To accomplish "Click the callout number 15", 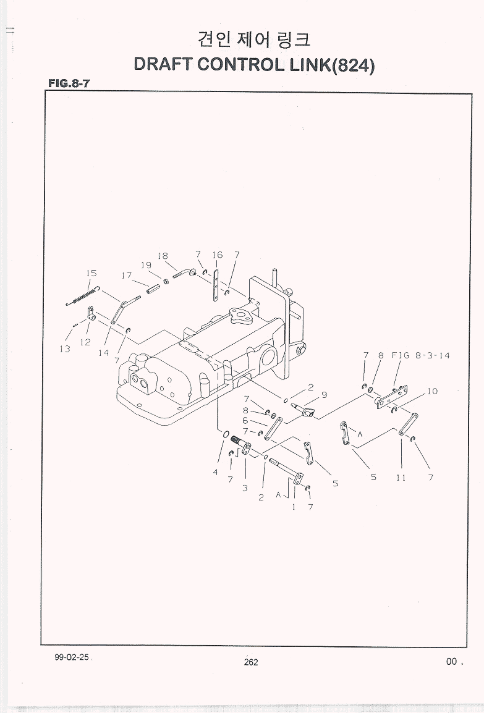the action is click(91, 273).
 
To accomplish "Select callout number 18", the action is click(163, 256).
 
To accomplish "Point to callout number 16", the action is click(217, 255).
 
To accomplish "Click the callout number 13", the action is click(65, 348).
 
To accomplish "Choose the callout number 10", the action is click(432, 391).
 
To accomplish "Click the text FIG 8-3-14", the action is click(420, 355).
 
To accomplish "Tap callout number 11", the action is click(401, 478).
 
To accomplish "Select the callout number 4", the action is click(216, 473).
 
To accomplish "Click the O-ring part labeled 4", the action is click(224, 436).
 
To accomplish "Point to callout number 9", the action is click(324, 395).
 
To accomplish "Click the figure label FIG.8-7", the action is click(69, 83).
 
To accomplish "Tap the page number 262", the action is click(250, 662).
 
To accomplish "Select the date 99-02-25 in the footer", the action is click(72, 657).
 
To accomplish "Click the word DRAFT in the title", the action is click(163, 64).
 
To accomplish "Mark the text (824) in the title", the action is click(354, 65).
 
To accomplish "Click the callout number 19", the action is click(145, 265).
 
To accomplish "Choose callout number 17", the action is click(127, 276).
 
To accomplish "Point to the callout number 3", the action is click(245, 488).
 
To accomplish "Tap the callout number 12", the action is click(85, 342).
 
